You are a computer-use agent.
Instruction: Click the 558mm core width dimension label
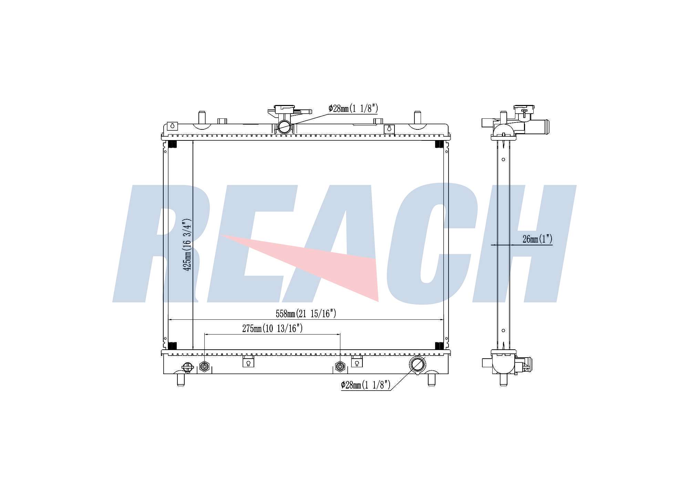[x=306, y=314]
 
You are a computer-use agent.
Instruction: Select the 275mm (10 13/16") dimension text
[x=272, y=328]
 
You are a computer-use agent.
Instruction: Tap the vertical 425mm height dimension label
[x=187, y=245]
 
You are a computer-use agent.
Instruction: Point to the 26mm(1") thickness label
[x=537, y=239]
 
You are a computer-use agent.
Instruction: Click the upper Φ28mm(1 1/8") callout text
[x=353, y=109]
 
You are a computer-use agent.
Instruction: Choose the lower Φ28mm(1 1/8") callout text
[x=366, y=385]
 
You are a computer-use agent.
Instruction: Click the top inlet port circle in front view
[x=285, y=126]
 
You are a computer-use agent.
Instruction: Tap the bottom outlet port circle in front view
[x=417, y=364]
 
